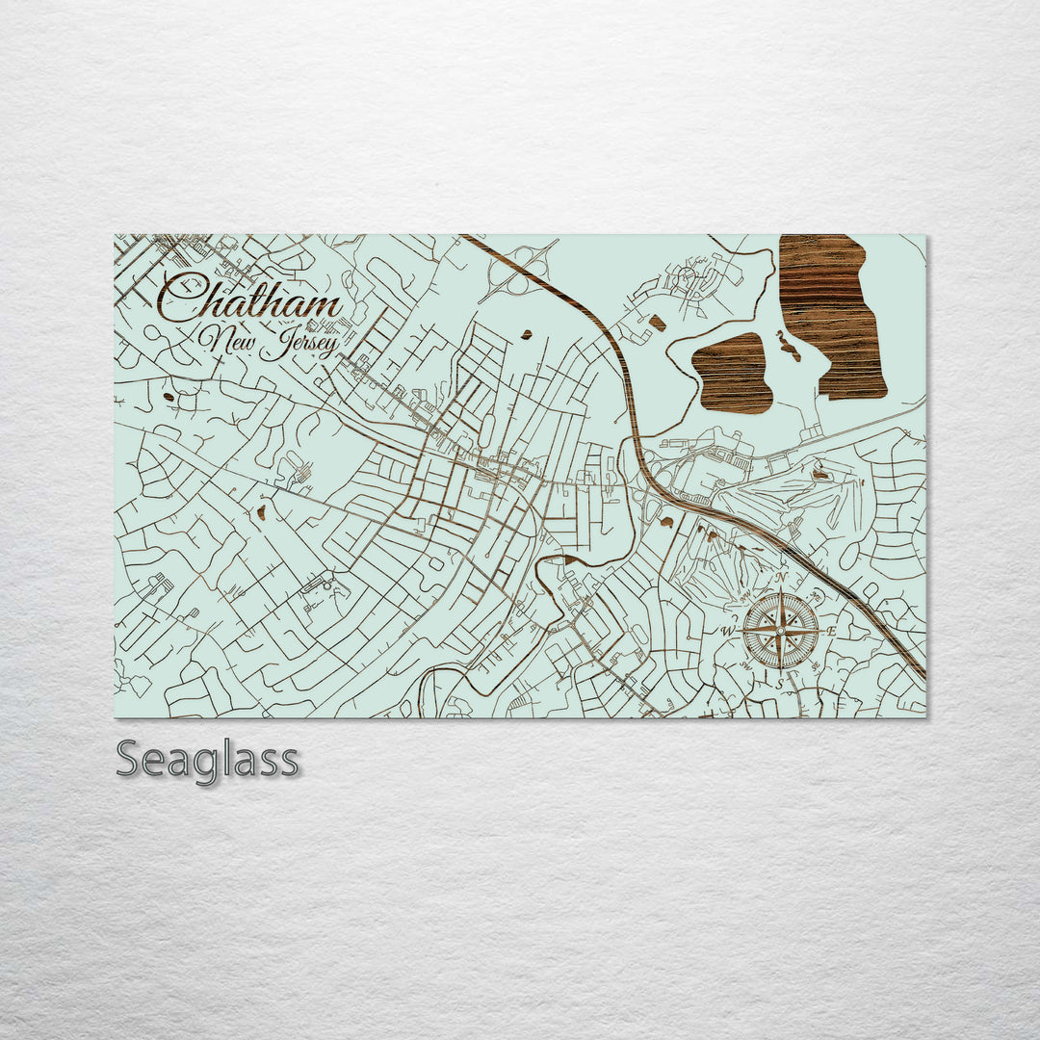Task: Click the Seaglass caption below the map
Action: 207,760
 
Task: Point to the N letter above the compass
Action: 782,580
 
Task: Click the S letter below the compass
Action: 781,683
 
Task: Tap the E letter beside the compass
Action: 832,631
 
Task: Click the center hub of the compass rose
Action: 781,631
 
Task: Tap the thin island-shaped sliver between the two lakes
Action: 787,347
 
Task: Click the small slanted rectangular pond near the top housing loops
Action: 657,322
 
